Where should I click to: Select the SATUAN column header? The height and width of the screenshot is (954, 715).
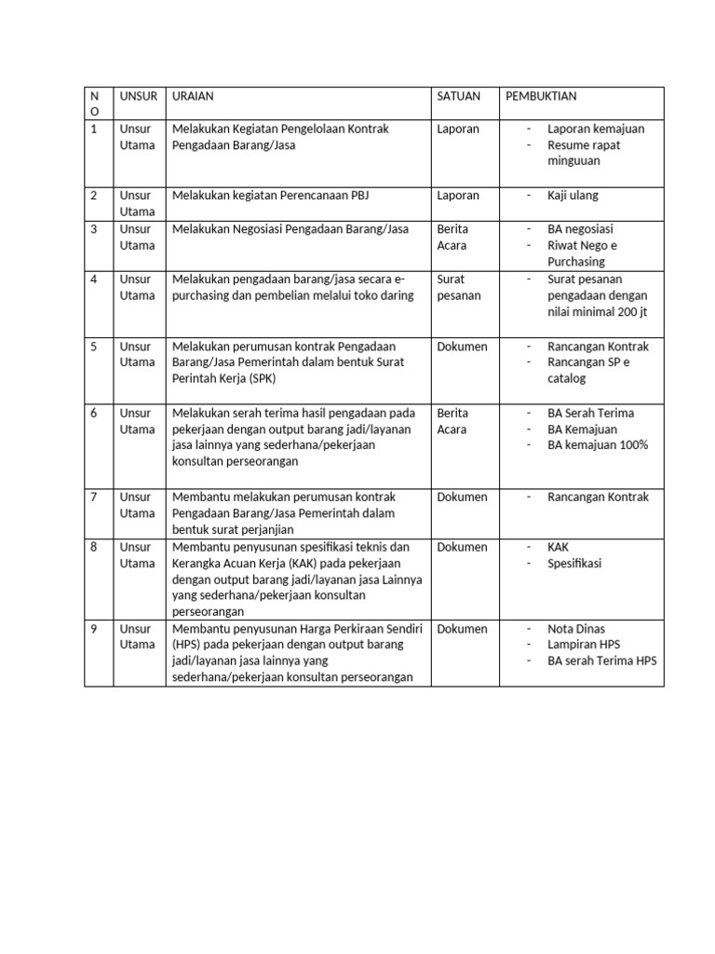tap(458, 96)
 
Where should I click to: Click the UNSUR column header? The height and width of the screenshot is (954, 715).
tap(137, 96)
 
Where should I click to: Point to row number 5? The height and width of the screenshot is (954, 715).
tap(93, 347)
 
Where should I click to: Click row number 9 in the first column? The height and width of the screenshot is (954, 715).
tap(93, 629)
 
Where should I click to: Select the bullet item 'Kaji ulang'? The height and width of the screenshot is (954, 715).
tap(573, 196)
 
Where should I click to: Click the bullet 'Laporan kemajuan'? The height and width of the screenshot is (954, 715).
tap(596, 129)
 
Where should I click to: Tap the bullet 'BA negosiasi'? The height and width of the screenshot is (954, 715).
tap(580, 229)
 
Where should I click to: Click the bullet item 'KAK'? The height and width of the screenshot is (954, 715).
tap(559, 547)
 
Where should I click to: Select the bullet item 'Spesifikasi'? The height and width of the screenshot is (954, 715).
tap(574, 564)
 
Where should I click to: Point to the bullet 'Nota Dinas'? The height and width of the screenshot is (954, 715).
tap(575, 629)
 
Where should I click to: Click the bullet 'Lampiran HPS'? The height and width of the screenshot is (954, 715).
tap(584, 645)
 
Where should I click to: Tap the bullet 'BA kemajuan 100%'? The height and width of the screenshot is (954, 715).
tap(598, 445)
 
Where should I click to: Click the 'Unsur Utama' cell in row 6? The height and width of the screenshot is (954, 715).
tap(137, 421)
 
